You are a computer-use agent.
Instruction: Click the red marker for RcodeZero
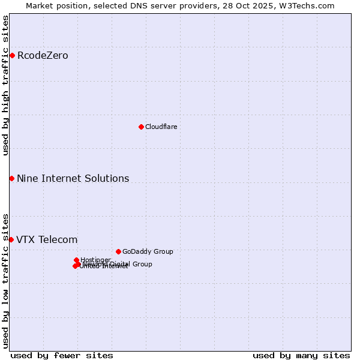12,56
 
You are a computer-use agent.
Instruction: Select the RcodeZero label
43,56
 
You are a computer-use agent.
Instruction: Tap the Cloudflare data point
141,127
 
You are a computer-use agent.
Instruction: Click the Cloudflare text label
161,127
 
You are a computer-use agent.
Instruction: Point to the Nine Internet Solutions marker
11,178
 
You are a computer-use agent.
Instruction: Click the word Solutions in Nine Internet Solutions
108,178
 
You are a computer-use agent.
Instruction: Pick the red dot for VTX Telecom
11,239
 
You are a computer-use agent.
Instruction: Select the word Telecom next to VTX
58,240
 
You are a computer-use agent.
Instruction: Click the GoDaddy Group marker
118,251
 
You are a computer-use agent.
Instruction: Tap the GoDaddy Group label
148,251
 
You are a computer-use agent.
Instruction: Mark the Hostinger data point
77,260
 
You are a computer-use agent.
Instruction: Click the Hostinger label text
95,260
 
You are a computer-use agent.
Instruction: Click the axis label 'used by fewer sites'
62,355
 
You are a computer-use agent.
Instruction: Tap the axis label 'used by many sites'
301,355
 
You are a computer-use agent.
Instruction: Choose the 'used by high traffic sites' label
5,86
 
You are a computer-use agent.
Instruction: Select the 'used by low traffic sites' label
5,280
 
